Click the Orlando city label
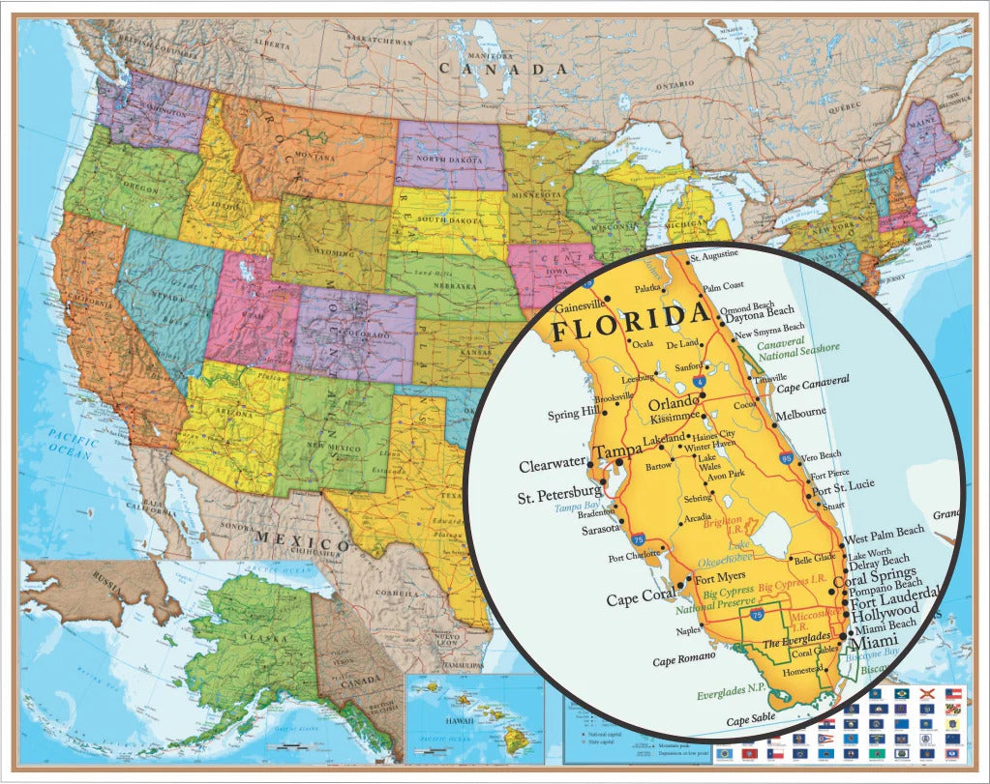pyautogui.click(x=672, y=402)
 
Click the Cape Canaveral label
pyautogui.click(x=814, y=382)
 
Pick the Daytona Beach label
pyautogui.click(x=760, y=311)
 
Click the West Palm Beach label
pyautogui.click(x=885, y=532)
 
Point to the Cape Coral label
pyautogui.click(x=638, y=599)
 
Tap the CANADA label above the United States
pyautogui.click(x=503, y=69)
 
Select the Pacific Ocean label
pyautogui.click(x=73, y=446)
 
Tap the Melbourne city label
pyautogui.click(x=801, y=413)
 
